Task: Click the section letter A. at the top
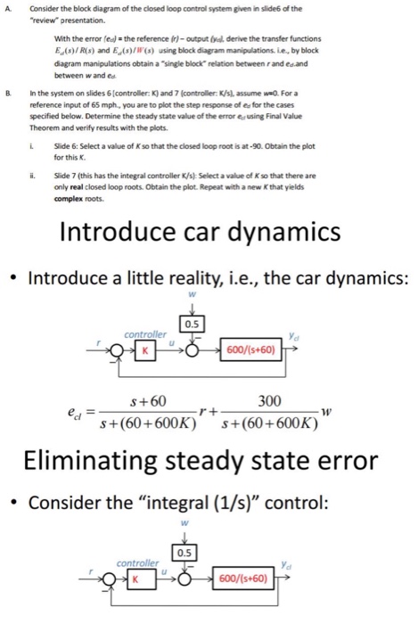click(7, 7)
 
